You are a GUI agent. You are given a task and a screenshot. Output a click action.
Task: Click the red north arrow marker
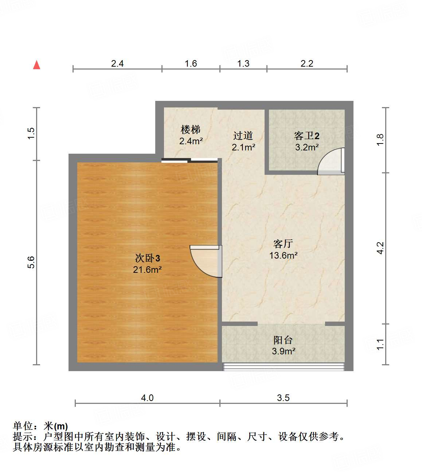tap(36, 65)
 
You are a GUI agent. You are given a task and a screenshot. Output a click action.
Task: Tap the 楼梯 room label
tap(191, 130)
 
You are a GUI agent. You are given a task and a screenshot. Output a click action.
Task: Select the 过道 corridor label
tap(243, 136)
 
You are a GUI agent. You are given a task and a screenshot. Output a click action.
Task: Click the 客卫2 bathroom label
tap(306, 136)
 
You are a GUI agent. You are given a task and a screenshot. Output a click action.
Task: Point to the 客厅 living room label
tap(283, 244)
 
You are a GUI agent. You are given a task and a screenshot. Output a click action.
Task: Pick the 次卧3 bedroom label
tap(147, 258)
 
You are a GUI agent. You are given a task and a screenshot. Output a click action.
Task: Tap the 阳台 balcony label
tap(283, 340)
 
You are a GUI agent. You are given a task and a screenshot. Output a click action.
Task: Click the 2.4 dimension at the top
tap(117, 64)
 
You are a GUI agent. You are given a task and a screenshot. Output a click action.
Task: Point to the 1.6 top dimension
tap(191, 64)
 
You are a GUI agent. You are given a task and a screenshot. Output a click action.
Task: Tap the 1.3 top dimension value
tap(243, 64)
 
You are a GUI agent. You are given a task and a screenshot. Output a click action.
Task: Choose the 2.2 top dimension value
tap(307, 64)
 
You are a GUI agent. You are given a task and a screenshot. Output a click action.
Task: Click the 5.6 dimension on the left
tap(31, 262)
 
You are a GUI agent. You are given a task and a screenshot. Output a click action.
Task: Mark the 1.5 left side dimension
tap(31, 133)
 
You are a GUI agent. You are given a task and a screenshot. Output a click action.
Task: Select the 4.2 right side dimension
tap(380, 248)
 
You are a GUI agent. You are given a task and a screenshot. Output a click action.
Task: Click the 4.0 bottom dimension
tap(147, 398)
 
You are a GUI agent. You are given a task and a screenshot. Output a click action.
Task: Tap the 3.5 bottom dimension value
tap(283, 398)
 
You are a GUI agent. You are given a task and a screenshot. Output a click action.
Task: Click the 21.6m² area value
tap(147, 270)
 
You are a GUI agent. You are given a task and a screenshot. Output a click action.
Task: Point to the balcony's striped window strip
tap(283, 367)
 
